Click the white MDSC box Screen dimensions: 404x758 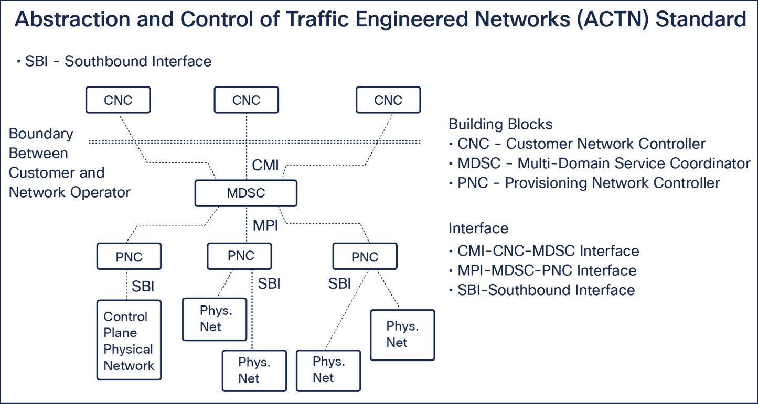click(x=245, y=193)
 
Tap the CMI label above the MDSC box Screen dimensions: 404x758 click(x=265, y=166)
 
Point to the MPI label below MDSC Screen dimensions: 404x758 click(x=265, y=226)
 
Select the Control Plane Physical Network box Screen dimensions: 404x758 click(x=129, y=340)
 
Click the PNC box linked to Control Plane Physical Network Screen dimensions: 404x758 click(x=129, y=257)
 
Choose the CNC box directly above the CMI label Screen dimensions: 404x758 click(x=247, y=100)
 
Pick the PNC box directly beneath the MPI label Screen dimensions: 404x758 click(x=240, y=256)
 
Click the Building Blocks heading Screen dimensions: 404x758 click(x=500, y=124)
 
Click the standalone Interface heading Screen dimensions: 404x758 click(x=478, y=228)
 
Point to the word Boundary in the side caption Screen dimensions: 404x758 click(x=41, y=134)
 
